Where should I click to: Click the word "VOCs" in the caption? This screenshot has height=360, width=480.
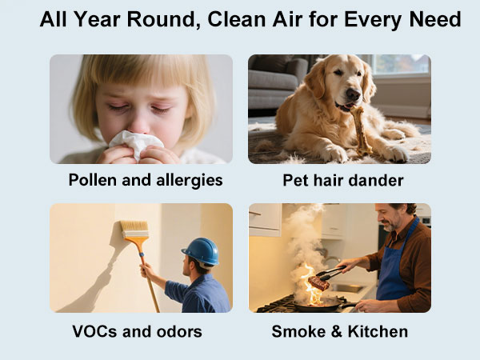[94, 330]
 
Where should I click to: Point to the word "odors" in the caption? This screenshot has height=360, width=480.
[177, 330]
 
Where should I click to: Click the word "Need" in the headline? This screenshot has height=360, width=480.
[434, 19]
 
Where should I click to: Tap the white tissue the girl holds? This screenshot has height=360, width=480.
[135, 145]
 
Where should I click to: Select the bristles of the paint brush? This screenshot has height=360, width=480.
[134, 230]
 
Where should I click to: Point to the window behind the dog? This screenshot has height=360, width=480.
[398, 66]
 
